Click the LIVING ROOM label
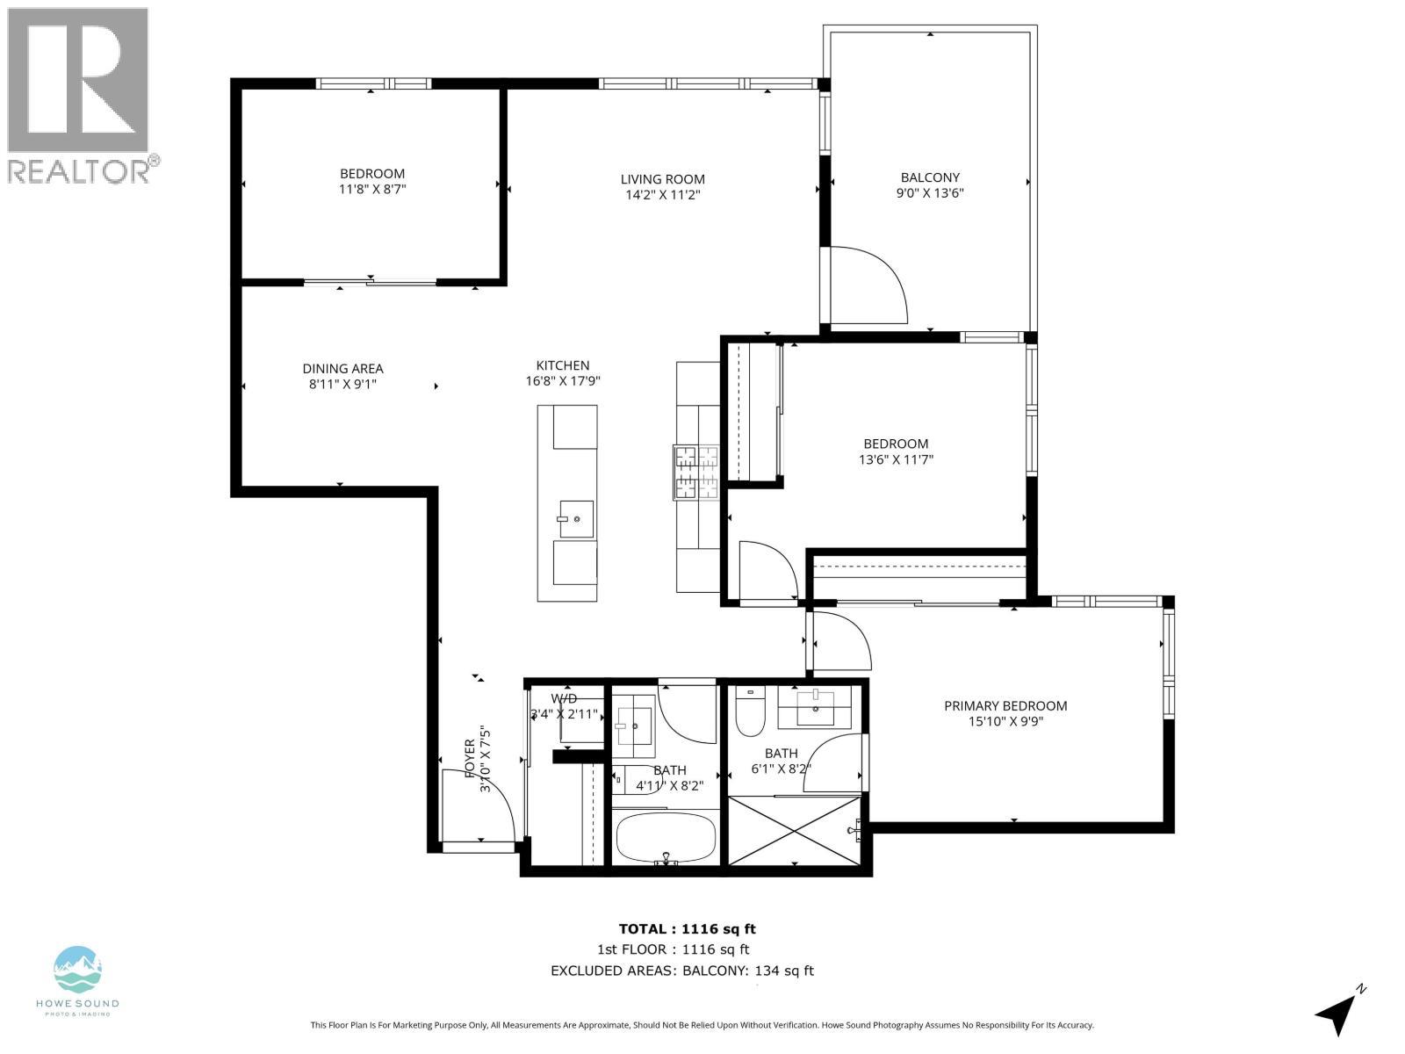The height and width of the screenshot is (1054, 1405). click(662, 179)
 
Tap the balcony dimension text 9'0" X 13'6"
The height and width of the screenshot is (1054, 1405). click(930, 193)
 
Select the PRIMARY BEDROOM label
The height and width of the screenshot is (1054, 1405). click(1005, 705)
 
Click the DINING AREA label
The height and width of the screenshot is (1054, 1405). click(342, 369)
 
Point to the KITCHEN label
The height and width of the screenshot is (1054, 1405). click(563, 365)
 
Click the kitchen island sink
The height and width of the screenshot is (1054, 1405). click(575, 519)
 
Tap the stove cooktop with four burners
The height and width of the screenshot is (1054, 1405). click(696, 472)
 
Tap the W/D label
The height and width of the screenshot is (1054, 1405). click(564, 698)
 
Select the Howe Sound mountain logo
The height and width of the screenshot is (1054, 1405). click(78, 971)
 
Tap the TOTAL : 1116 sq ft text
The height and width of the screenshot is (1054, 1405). click(687, 928)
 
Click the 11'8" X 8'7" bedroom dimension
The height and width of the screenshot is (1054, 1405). click(372, 189)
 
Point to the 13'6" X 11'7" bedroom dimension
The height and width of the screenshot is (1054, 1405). click(895, 459)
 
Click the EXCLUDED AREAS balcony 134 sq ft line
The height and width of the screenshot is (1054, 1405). click(681, 971)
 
